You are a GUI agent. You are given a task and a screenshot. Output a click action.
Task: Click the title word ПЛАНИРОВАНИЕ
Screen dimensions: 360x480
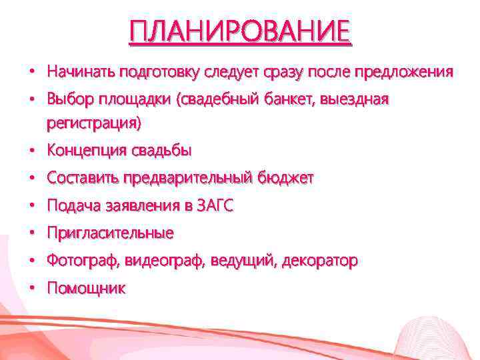tap(239, 31)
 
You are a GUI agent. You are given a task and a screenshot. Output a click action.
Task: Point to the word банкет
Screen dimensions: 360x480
tap(289, 99)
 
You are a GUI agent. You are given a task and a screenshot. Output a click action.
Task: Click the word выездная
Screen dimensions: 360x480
tap(354, 99)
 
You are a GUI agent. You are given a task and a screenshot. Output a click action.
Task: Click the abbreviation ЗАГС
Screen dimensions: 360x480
tap(216, 206)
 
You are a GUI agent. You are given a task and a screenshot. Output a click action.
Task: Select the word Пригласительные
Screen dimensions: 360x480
tap(110, 233)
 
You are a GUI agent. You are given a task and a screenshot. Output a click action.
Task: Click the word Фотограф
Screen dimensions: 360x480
tap(78, 261)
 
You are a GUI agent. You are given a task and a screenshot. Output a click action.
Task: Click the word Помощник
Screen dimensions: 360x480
tap(86, 289)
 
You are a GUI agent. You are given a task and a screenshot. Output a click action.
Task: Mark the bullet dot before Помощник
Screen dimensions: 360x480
tap(31, 289)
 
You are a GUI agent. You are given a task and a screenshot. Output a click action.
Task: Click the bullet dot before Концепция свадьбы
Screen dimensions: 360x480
tap(31, 151)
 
